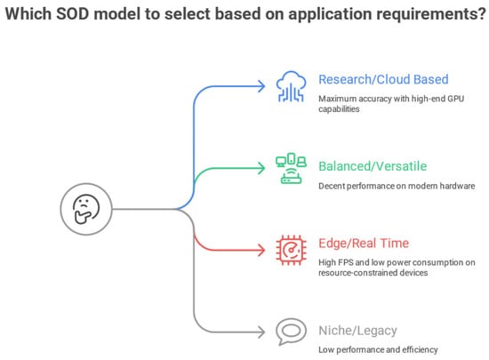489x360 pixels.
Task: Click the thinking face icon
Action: coord(86,209)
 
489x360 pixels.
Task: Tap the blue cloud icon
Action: coord(291,86)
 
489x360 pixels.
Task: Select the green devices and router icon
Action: coord(291,168)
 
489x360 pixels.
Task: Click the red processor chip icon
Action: coord(292,250)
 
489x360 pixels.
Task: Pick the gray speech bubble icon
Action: coord(291,332)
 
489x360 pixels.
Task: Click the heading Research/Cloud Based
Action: coord(383,79)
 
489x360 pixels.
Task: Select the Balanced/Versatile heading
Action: coord(373,166)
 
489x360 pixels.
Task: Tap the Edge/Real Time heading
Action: coord(364,244)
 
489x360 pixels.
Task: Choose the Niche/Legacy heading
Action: coord(357,331)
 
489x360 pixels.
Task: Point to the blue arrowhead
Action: coord(261,86)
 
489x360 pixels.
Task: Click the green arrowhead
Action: coord(261,168)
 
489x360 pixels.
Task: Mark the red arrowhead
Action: coord(261,250)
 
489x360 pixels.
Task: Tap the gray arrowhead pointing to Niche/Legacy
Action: coord(261,332)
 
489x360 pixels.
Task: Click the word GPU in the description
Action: coord(456,99)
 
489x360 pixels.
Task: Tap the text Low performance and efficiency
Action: coord(378,349)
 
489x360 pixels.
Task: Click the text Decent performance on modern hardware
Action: coord(397,186)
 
